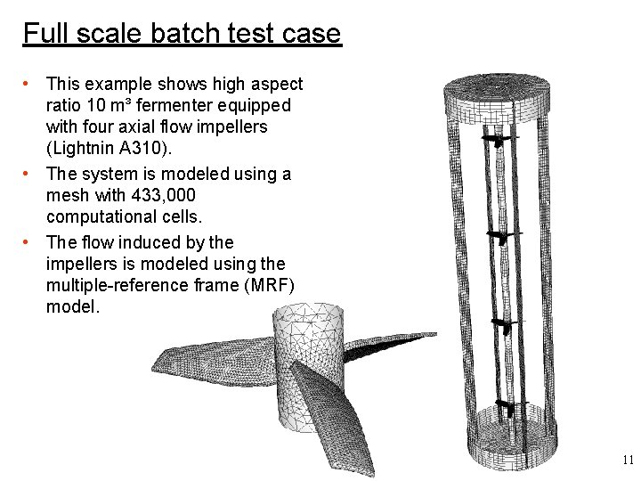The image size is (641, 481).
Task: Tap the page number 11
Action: pos(627,461)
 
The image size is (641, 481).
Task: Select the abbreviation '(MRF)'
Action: pos(262,285)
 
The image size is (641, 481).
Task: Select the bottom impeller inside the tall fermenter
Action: pos(506,409)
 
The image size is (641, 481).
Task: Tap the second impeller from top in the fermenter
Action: pos(499,236)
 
